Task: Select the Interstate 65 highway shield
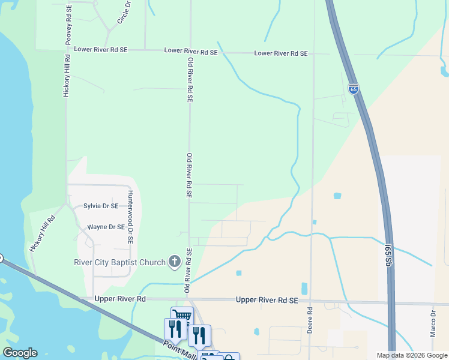354,90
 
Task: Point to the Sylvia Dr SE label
101,206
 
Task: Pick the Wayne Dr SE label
106,227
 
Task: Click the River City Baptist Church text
119,262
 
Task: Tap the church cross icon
174,262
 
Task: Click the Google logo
20,353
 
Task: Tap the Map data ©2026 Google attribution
412,355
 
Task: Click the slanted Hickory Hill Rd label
42,233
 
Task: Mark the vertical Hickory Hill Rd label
67,76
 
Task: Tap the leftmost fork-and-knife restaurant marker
173,329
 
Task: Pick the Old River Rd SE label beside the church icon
188,271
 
